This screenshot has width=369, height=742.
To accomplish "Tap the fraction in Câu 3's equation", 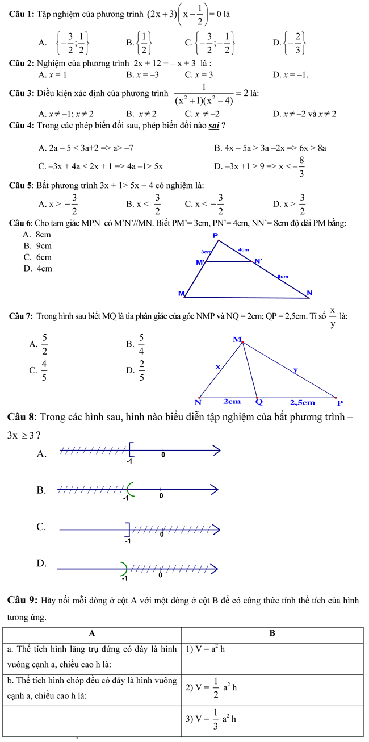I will (x=203, y=93).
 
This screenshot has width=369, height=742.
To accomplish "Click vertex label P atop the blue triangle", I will (x=215, y=235).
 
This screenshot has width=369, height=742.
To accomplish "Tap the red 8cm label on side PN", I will (x=282, y=276).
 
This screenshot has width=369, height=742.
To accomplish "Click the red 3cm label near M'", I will (x=206, y=251).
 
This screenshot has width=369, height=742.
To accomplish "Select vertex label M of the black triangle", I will (x=237, y=339).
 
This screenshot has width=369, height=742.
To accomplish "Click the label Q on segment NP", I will (x=259, y=402).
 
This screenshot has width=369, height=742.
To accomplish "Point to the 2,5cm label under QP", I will (x=302, y=402).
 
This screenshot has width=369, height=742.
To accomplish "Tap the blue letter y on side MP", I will (x=294, y=370).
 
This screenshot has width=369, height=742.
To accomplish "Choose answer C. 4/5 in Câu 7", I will (x=41, y=370).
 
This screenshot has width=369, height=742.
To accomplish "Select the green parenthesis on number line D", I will (x=124, y=566).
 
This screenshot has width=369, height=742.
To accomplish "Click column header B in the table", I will (x=272, y=633).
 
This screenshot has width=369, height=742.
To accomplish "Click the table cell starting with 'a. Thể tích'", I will (x=91, y=656).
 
